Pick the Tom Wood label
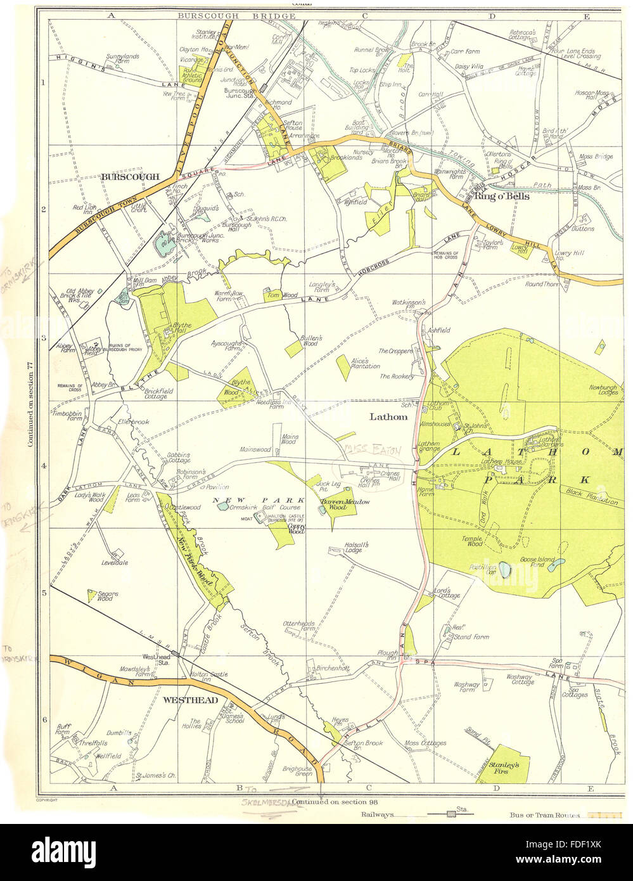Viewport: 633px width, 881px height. tap(273, 295)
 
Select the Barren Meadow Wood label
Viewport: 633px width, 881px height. tap(343, 505)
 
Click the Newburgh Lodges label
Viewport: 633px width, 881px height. tap(603, 389)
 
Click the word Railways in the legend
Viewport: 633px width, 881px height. tap(378, 814)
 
